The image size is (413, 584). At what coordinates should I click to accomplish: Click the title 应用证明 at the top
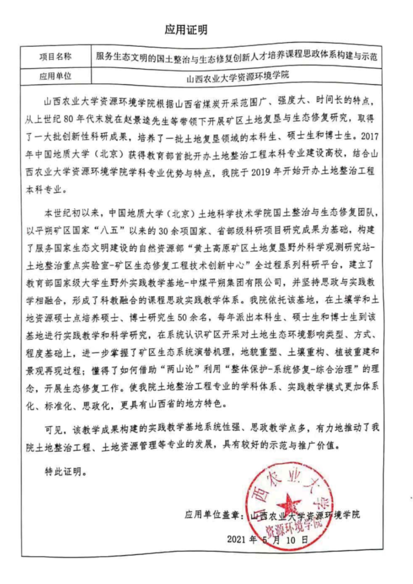click(186, 29)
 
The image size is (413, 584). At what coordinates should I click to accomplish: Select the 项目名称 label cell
click(55, 57)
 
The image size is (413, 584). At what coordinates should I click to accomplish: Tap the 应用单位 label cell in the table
click(55, 76)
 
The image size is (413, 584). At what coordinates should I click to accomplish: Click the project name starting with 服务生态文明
click(236, 57)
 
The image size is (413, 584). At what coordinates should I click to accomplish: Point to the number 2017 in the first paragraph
click(369, 136)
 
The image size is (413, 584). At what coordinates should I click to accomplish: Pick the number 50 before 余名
click(182, 317)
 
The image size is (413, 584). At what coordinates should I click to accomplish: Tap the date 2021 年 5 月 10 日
click(267, 540)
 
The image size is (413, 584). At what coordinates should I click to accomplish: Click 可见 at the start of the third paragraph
click(54, 430)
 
